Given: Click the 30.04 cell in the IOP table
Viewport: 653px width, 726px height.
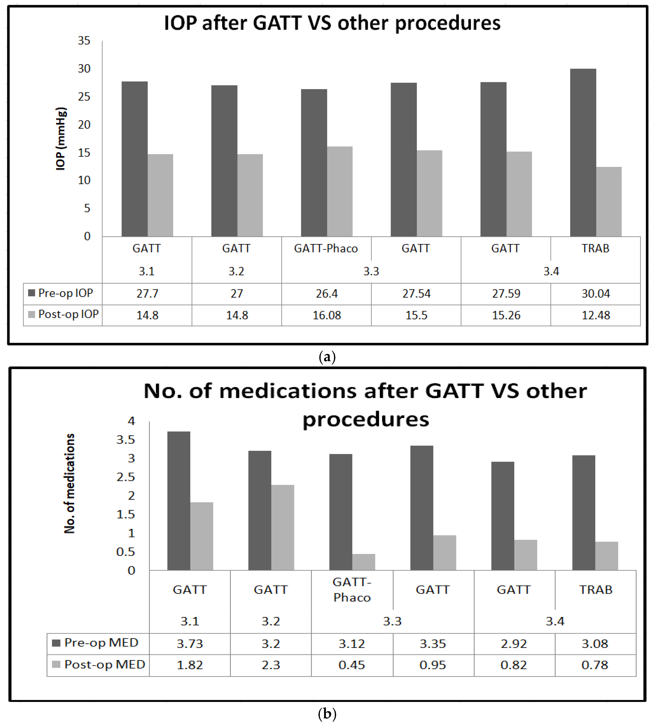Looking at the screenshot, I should [596, 294].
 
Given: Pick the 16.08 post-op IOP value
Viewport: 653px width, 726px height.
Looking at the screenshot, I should [326, 315].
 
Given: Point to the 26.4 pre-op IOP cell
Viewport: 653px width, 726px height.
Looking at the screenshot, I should [326, 294].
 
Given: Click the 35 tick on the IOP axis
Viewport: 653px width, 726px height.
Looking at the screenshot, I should [84, 41].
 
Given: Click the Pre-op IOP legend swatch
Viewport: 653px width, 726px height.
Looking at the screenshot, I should [32, 293].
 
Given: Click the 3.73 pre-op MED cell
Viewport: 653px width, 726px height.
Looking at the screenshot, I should [190, 644].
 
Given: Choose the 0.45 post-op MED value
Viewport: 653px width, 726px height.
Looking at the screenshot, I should [352, 665].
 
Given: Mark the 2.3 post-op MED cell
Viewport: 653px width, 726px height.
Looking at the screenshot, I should [271, 665].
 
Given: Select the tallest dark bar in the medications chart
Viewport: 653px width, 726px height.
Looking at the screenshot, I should [179, 501].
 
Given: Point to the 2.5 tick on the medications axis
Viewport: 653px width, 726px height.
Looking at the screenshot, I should [126, 477].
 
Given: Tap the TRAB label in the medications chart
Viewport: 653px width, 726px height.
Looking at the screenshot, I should [596, 590].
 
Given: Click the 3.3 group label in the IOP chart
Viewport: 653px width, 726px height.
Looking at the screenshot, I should [371, 271].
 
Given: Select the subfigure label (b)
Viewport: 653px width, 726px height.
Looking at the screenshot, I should [327, 714].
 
